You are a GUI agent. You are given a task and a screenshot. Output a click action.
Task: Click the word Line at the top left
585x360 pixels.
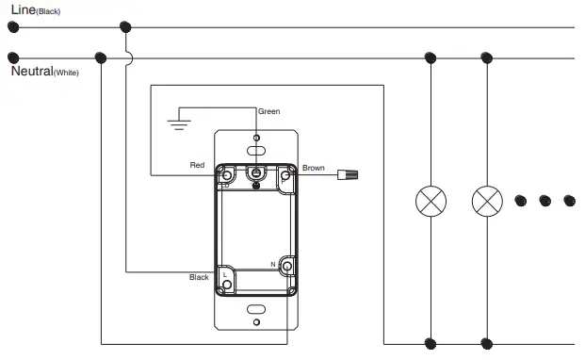pyautogui.click(x=24, y=9)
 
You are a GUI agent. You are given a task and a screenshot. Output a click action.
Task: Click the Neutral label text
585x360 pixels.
pyautogui.click(x=32, y=71)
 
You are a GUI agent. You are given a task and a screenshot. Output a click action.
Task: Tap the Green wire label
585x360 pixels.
pyautogui.click(x=269, y=111)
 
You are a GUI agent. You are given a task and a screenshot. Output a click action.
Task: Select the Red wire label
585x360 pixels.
pyautogui.click(x=197, y=165)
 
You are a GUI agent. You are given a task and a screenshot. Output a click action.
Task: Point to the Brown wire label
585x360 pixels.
pyautogui.click(x=314, y=168)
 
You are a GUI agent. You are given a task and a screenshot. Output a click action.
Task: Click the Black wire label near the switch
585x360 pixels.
pyautogui.click(x=199, y=277)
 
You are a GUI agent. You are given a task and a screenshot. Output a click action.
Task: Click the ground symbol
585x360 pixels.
pyautogui.click(x=179, y=124)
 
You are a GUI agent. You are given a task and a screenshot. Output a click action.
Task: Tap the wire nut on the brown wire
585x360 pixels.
pyautogui.click(x=348, y=174)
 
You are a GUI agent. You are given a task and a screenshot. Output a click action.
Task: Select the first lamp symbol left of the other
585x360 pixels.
pyautogui.click(x=431, y=201)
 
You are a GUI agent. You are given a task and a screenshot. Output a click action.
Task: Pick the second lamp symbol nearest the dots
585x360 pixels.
pyautogui.click(x=487, y=201)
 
